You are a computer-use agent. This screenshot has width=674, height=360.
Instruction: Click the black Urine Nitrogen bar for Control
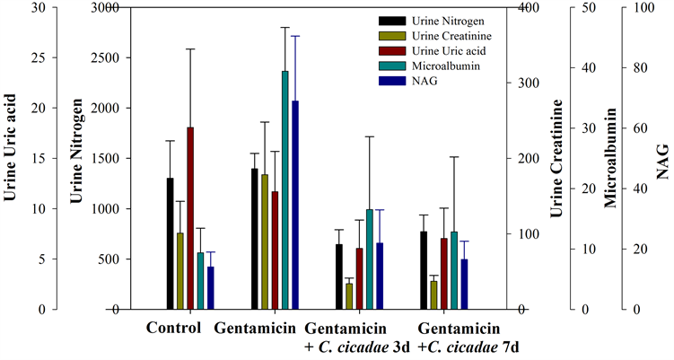pyautogui.click(x=170, y=243)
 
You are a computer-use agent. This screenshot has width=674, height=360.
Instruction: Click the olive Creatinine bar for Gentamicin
pyautogui.click(x=265, y=241)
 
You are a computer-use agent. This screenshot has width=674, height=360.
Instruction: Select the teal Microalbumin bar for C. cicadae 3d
pyautogui.click(x=370, y=259)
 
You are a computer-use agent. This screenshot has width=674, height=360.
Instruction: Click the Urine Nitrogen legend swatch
pyautogui.click(x=392, y=20)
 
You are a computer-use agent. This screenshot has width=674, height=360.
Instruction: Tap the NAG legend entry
pyautogui.click(x=423, y=81)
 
